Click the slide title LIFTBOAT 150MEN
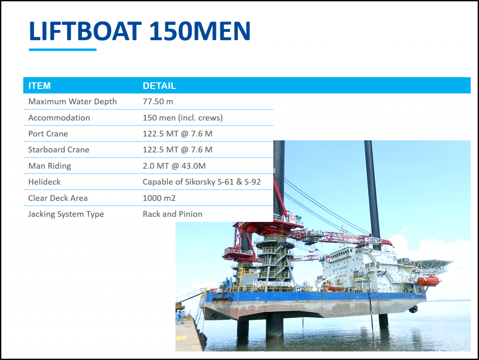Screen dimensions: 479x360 139,31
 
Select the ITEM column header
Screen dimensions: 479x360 39,86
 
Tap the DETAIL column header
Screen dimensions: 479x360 160,86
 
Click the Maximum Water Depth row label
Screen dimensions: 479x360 73,102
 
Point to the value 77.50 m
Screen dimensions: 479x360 158,102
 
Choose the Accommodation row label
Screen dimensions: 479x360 59,118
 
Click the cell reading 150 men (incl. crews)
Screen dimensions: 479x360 183,118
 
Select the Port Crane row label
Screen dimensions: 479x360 48,133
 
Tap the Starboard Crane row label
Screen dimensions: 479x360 58,149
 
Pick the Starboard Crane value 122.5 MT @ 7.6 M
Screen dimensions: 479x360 177,149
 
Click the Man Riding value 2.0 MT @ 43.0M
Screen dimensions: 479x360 174,166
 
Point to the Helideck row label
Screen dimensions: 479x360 44,182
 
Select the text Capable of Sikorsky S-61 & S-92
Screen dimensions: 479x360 202,182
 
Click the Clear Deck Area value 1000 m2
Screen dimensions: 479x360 159,198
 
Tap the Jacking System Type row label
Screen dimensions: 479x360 66,214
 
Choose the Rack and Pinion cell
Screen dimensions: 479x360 173,214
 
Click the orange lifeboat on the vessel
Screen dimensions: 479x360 428,280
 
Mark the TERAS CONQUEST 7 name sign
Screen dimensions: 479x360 274,284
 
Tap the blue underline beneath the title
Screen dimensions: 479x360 63,50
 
